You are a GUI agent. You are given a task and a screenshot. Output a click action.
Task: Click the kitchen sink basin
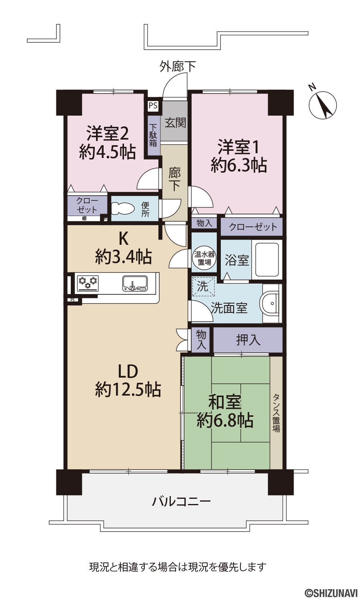pyautogui.click(x=134, y=283)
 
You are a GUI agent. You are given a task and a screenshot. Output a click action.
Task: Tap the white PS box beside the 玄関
pyautogui.click(x=153, y=105)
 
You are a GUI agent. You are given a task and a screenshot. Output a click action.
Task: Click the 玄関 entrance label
pyautogui.click(x=176, y=123)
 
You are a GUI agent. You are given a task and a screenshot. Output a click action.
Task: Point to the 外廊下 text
pyautogui.click(x=178, y=66)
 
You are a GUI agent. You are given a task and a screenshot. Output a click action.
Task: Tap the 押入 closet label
pyautogui.click(x=248, y=340)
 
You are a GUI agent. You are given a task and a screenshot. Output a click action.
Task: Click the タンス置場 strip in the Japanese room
pyautogui.click(x=276, y=413)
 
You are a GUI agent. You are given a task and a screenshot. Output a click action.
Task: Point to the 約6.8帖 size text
pyautogui.click(x=225, y=420)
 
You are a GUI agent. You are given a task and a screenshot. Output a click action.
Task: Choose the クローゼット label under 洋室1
pyautogui.click(x=253, y=227)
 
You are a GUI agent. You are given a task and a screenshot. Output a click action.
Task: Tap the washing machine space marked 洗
pyautogui.click(x=203, y=286)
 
